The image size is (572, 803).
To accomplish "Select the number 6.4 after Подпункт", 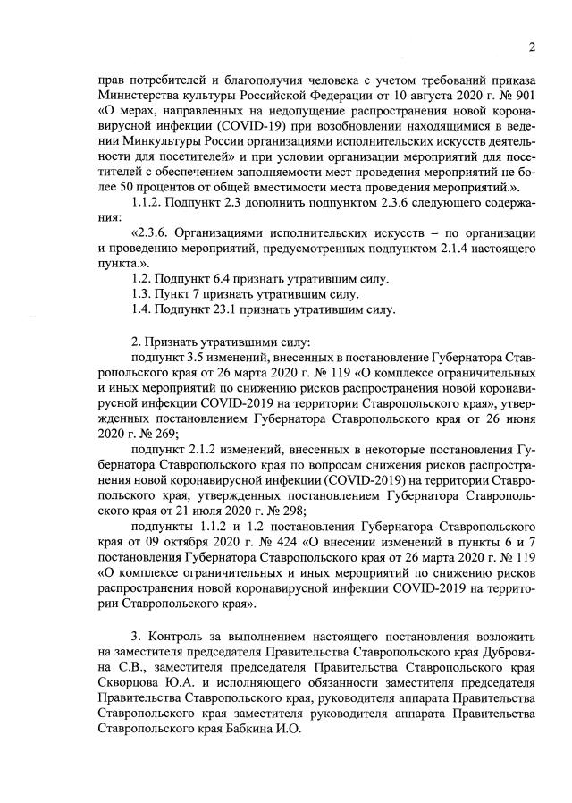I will coord(205,280).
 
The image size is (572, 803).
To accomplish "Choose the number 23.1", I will coord(207,309).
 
